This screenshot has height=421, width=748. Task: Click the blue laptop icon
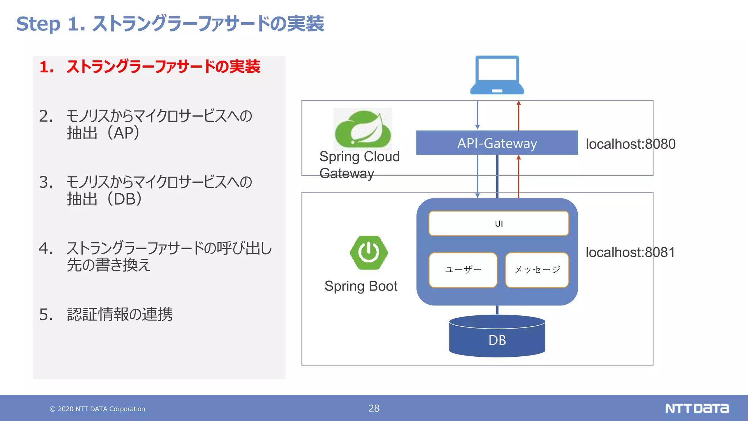(497, 75)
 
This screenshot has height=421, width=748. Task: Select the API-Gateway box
(497, 143)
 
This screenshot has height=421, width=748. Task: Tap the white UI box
(499, 223)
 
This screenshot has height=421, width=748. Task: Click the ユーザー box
(463, 270)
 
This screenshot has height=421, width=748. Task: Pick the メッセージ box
(537, 270)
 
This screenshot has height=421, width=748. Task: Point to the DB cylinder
(497, 338)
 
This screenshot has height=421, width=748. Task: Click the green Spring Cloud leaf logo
(363, 129)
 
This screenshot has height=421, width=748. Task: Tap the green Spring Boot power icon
(369, 253)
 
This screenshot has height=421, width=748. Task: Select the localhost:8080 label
(630, 144)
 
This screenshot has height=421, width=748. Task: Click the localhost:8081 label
(630, 252)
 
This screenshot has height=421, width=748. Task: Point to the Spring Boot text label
(361, 286)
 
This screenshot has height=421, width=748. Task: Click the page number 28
(374, 408)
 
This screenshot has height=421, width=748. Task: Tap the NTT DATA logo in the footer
(697, 408)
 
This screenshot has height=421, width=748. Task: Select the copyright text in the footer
(98, 409)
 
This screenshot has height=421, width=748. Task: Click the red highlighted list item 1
(150, 67)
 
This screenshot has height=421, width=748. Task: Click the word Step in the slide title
(38, 24)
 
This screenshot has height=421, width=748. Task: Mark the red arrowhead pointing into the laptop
(519, 103)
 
